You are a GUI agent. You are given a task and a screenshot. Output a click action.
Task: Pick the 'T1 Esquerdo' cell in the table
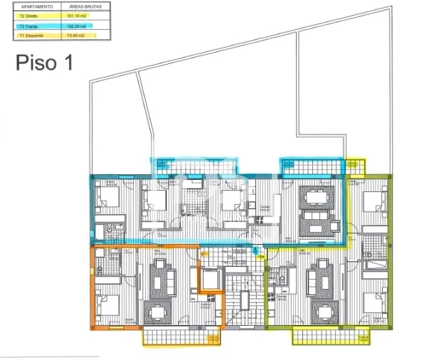point(35,35)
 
